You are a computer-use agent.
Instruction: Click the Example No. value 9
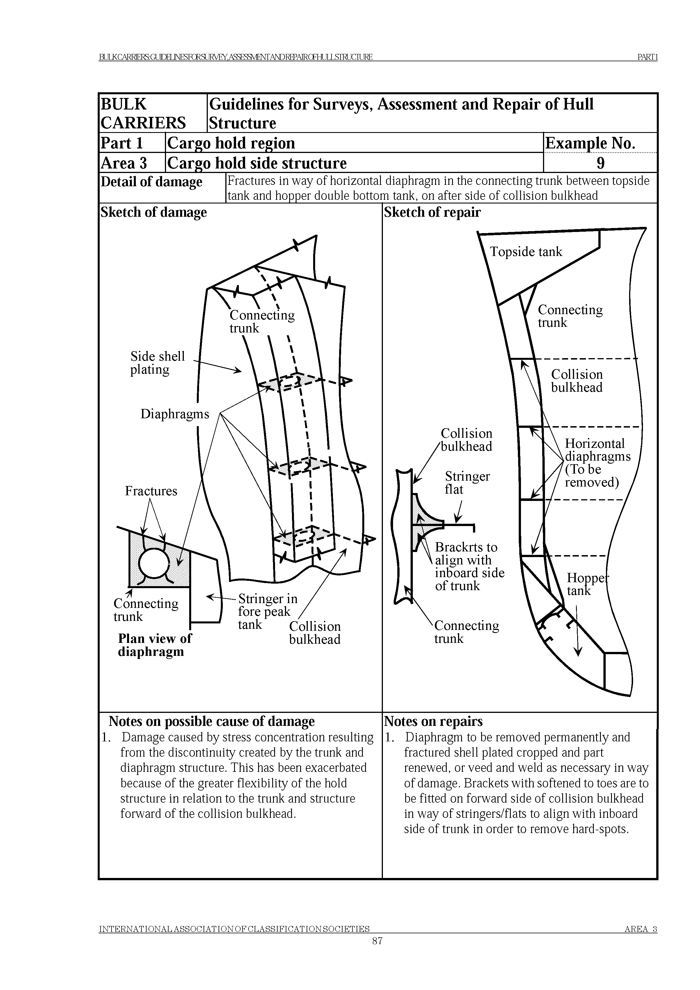coord(600,163)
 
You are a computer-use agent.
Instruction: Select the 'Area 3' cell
coord(124,163)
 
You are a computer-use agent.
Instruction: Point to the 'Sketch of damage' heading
coord(154,212)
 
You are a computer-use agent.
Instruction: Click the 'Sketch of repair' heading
coord(432,212)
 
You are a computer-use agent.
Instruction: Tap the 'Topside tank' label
coord(526,252)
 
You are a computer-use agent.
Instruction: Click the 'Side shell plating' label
coord(158,363)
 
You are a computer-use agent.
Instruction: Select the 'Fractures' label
coord(151,491)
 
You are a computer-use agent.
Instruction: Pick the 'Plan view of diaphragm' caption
coord(154,645)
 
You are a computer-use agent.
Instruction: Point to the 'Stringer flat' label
coord(467,483)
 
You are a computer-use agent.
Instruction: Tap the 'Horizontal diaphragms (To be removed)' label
coord(597,463)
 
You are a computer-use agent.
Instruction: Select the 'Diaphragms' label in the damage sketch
coord(175,414)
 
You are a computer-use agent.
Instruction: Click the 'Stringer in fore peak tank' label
coord(267,612)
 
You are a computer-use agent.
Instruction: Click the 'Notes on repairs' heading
coord(433,721)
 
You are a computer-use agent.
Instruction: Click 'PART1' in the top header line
coord(647,57)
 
